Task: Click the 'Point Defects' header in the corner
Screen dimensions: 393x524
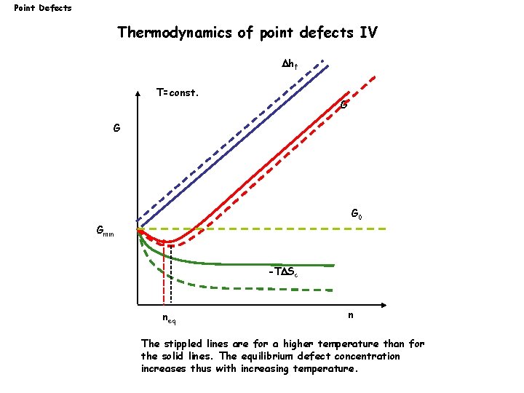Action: click(x=43, y=8)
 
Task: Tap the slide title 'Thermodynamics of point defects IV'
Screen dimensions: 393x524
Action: click(x=247, y=33)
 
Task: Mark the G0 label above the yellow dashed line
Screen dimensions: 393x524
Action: click(x=357, y=215)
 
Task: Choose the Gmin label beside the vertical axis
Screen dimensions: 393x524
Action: click(x=105, y=231)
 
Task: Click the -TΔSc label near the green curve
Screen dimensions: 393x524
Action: click(x=282, y=273)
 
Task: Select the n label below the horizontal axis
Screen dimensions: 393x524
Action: click(x=351, y=315)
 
